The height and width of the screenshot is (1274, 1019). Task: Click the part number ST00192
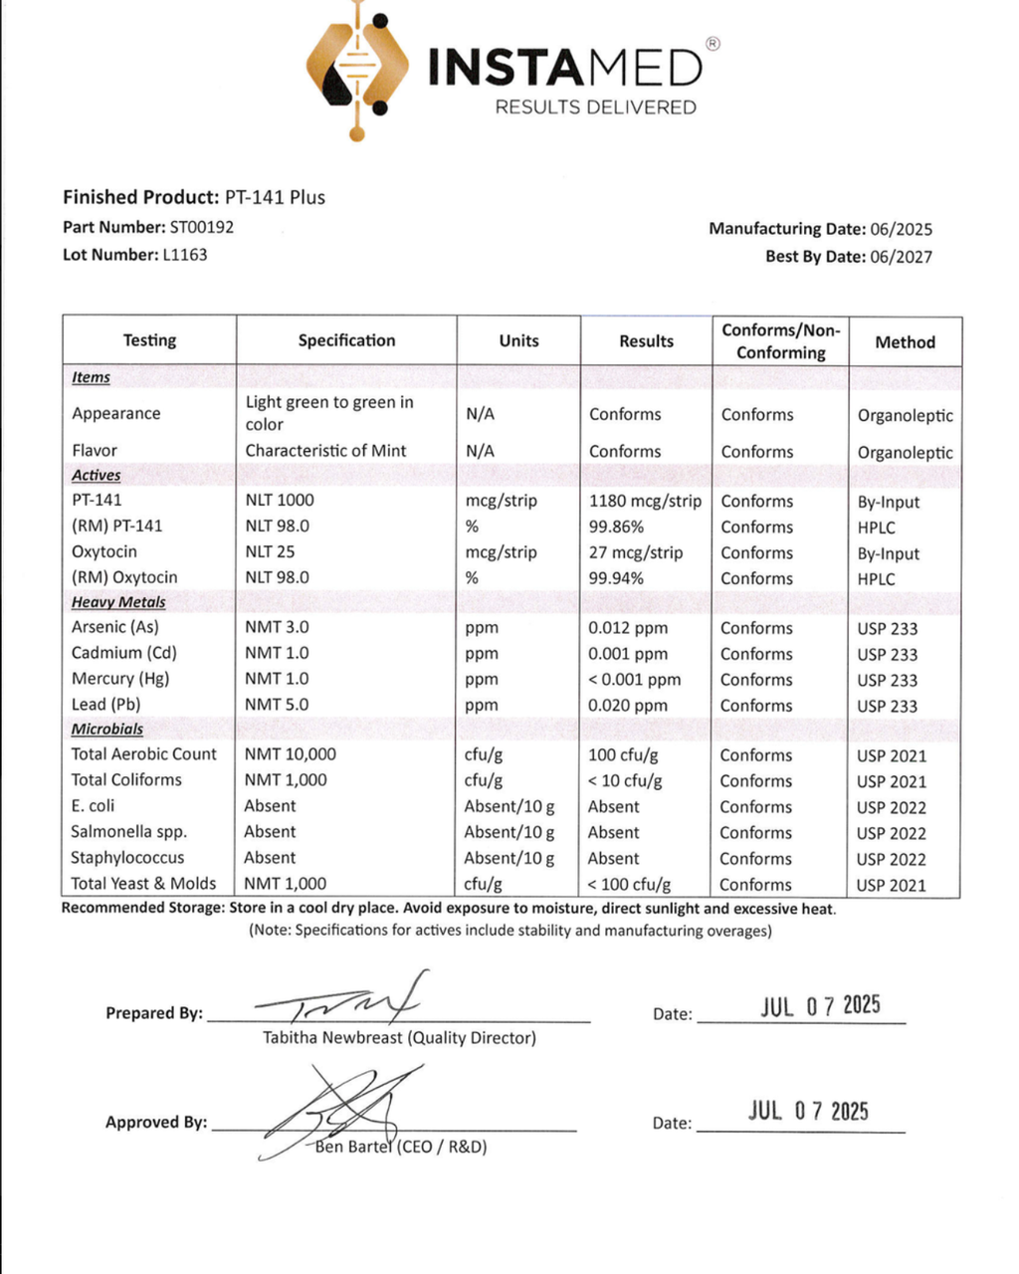[x=202, y=227]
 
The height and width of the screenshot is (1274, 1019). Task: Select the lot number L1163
[x=185, y=255]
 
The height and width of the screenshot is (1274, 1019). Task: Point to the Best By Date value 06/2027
[x=901, y=257]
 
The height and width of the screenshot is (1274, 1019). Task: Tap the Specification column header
[x=346, y=340]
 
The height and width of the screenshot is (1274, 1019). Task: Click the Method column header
[x=905, y=342]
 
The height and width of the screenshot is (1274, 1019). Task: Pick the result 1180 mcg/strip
[x=645, y=501]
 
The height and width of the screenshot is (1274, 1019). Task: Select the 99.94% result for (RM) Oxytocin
[x=616, y=578]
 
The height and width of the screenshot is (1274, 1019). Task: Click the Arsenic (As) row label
[x=114, y=627]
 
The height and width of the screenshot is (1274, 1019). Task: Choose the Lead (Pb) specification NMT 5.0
[x=277, y=705]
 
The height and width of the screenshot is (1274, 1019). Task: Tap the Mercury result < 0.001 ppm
[x=635, y=680]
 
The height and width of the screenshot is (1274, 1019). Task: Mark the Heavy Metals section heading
[x=118, y=602]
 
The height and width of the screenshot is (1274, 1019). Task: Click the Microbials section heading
[x=106, y=729]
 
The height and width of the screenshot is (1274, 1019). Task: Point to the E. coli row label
[x=93, y=806]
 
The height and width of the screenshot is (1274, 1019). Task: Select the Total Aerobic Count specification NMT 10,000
[x=291, y=754]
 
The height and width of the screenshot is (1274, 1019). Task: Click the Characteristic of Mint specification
[x=325, y=451]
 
